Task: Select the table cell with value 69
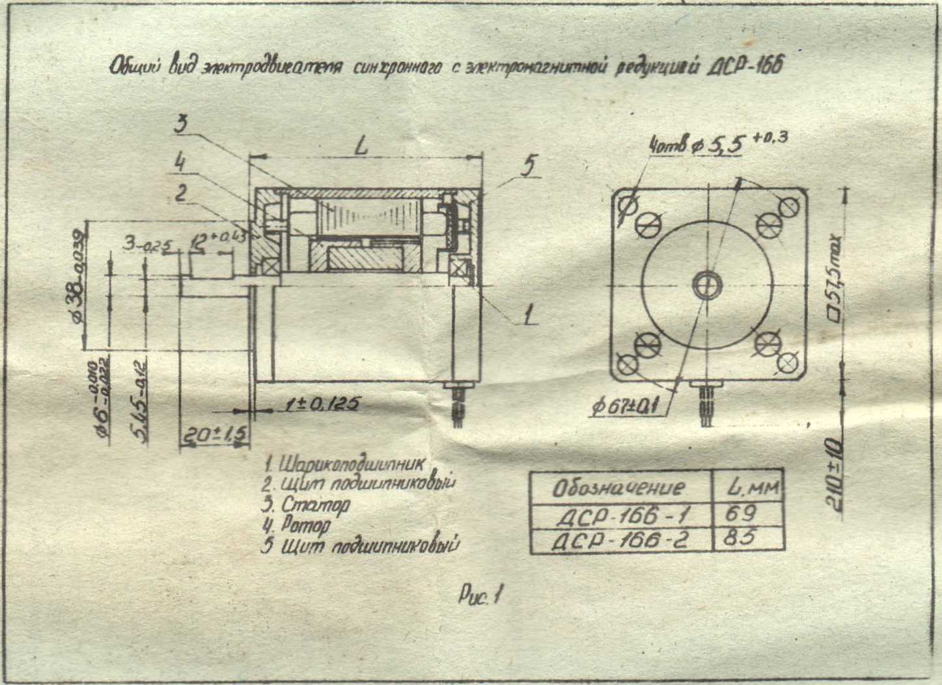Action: (x=741, y=514)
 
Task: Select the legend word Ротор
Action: (x=306, y=524)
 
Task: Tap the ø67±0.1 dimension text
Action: (x=626, y=407)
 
